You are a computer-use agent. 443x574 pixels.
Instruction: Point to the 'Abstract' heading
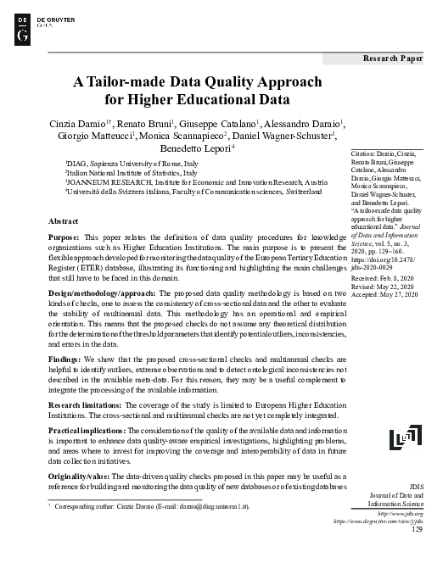(64, 220)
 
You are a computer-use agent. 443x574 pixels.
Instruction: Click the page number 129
(415, 530)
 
